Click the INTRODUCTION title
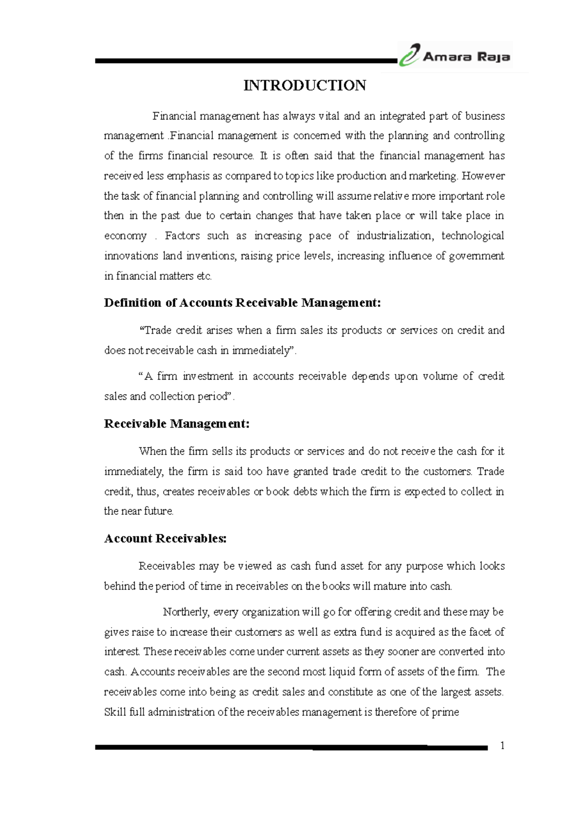(x=305, y=86)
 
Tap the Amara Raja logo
(x=454, y=56)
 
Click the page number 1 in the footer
(x=502, y=745)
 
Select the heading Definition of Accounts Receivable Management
(x=243, y=303)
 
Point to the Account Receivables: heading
(x=165, y=538)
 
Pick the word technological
(x=473, y=236)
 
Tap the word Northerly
(x=186, y=612)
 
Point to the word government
(x=476, y=256)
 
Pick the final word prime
(x=445, y=712)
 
